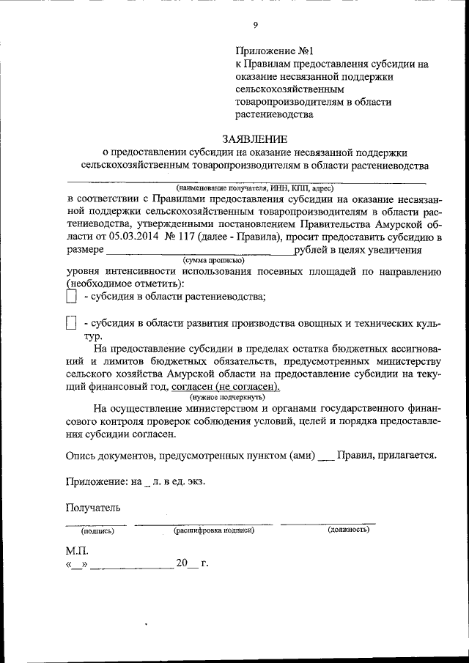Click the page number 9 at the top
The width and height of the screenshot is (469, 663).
(x=256, y=26)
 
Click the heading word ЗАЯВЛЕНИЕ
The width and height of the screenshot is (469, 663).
(x=255, y=139)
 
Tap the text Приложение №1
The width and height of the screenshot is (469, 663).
(x=265, y=51)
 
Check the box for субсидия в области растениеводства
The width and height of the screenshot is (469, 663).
(x=71, y=297)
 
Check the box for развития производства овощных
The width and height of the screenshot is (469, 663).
(x=71, y=323)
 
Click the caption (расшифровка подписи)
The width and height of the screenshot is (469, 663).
(x=213, y=530)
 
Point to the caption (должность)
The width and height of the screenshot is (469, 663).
(x=348, y=529)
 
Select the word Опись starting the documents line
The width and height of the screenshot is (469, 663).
(x=82, y=454)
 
